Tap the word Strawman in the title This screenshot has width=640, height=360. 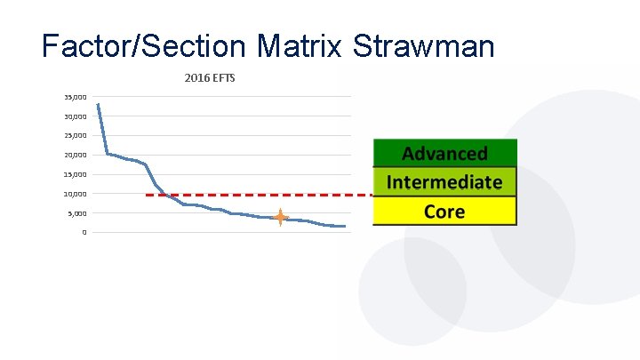423,46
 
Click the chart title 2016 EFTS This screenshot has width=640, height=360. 210,78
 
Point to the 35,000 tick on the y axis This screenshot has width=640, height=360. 74,97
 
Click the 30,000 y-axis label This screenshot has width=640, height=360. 74,116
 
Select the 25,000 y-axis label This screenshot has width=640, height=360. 74,136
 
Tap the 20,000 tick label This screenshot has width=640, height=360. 74,156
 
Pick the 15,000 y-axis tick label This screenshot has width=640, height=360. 74,175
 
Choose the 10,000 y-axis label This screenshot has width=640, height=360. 74,194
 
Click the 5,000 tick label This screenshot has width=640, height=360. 76,213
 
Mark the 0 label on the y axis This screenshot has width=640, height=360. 84,233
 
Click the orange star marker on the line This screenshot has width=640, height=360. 280,217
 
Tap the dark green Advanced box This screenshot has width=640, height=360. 444,154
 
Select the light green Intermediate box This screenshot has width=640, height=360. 444,182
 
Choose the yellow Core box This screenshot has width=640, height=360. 444,211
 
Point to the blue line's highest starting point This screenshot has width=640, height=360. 97,104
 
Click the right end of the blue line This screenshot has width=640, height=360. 344,227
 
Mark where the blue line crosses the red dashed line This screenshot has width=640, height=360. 167,195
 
